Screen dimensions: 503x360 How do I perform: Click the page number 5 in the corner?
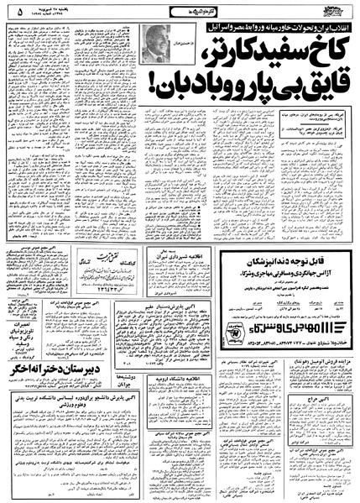[x=11, y=13]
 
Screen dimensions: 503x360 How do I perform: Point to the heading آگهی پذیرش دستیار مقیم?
[x=180, y=310]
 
